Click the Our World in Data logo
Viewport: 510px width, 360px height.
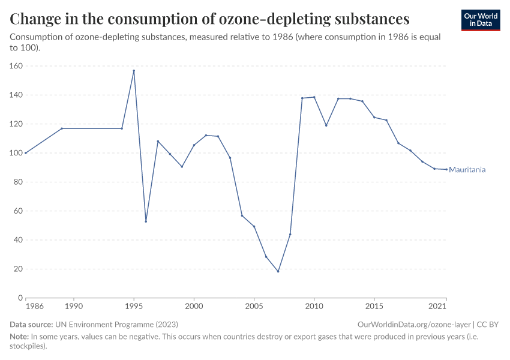click(x=480, y=20)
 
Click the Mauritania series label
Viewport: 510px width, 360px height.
click(x=467, y=170)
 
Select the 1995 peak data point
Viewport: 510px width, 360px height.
click(x=134, y=71)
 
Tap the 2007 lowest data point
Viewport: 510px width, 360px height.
click(x=278, y=271)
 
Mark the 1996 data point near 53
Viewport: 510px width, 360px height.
click(x=146, y=221)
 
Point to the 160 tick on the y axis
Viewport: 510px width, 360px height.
click(x=16, y=66)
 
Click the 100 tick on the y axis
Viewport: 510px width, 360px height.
click(x=16, y=153)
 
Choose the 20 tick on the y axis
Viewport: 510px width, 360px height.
click(x=18, y=269)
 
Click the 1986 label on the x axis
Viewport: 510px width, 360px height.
click(x=35, y=307)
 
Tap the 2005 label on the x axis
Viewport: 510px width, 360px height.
click(x=254, y=307)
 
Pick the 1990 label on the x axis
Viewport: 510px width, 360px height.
click(x=74, y=307)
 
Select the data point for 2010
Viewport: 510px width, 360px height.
click(x=314, y=97)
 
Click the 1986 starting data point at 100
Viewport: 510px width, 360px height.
click(x=26, y=153)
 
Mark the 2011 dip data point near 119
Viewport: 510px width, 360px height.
click(x=326, y=125)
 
